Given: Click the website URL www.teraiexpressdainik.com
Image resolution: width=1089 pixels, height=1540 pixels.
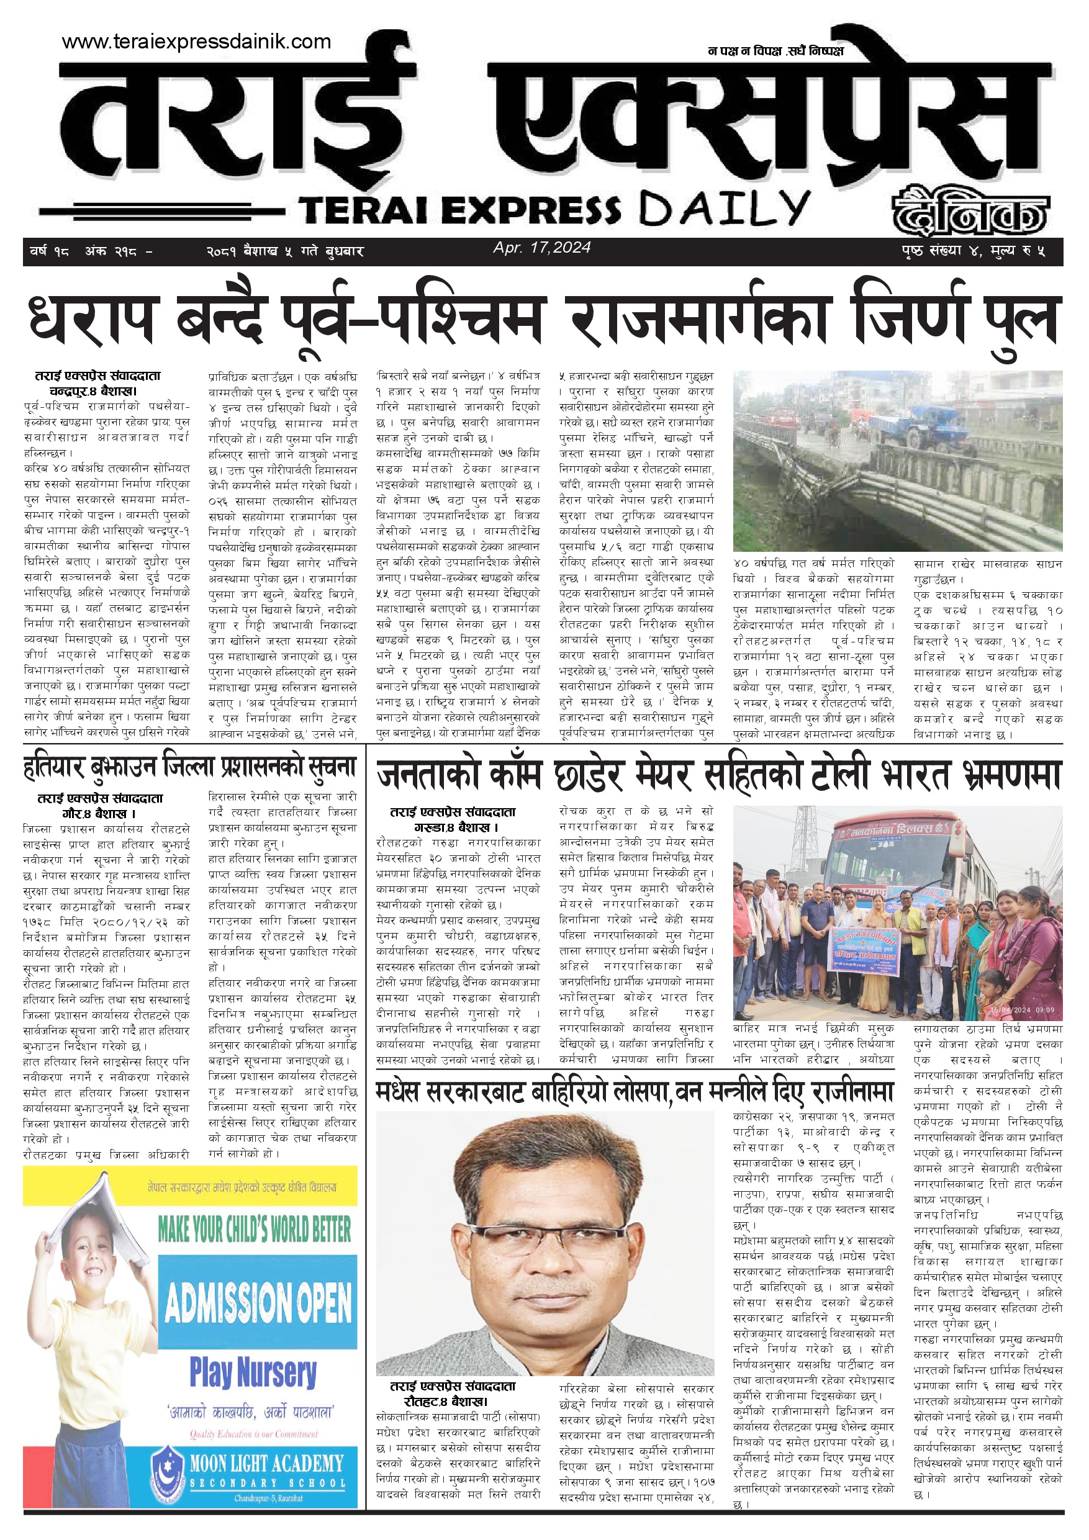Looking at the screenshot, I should [x=196, y=42].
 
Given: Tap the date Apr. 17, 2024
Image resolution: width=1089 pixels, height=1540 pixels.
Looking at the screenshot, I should [x=541, y=248].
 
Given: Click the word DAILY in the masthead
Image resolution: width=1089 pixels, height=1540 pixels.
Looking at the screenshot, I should [x=725, y=209].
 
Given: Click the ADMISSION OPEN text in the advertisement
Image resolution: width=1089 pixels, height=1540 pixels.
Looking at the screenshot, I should [x=258, y=1302].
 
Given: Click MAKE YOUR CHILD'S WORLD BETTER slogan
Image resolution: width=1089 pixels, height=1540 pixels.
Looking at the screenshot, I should [x=255, y=1230].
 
